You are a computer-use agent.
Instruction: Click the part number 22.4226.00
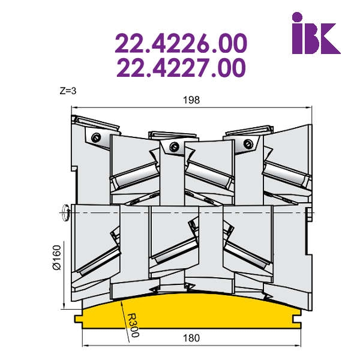tap(181, 43)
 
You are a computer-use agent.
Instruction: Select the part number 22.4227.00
tap(181, 68)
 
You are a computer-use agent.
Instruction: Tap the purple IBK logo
tap(316, 33)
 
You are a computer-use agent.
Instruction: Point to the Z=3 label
tap(68, 91)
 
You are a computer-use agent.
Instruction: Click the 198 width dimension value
tap(191, 100)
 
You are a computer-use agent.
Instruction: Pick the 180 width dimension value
tap(191, 338)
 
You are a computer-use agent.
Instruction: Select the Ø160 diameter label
tap(56, 257)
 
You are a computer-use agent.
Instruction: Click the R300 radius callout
tap(133, 325)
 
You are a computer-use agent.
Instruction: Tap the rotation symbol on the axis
tap(65, 212)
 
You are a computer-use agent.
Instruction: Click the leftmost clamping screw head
tap(96, 138)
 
